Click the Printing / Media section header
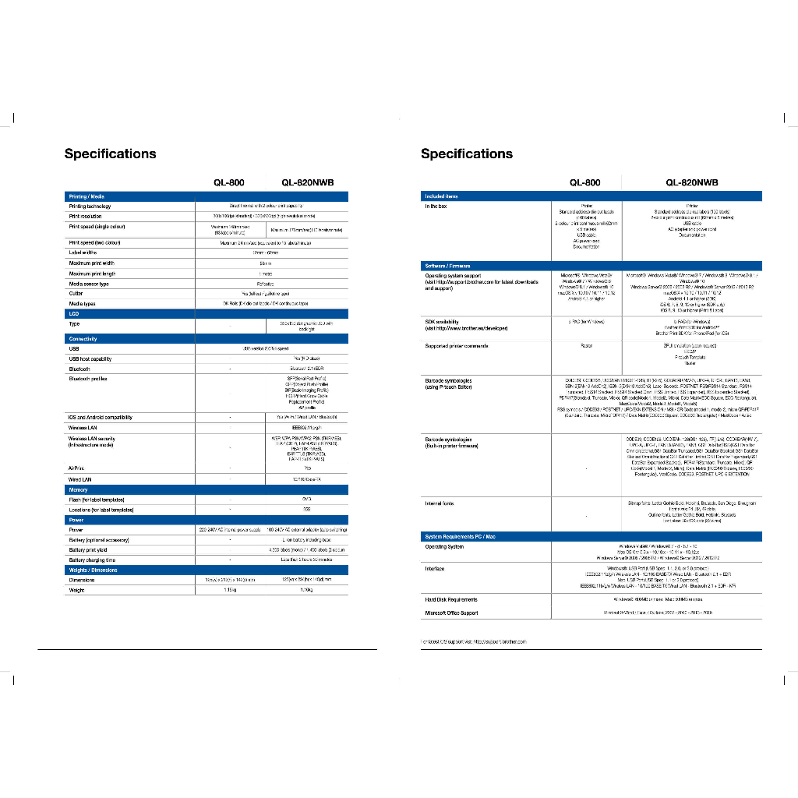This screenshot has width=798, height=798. pyautogui.click(x=87, y=196)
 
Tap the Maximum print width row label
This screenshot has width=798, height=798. pyautogui.click(x=92, y=263)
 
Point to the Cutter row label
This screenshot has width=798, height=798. pyautogui.click(x=77, y=294)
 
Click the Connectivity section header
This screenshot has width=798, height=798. pyautogui.click(x=83, y=339)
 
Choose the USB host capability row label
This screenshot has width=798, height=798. pyautogui.click(x=90, y=359)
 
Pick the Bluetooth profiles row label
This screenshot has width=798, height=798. pyautogui.click(x=88, y=379)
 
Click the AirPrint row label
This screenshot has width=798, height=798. pyautogui.click(x=76, y=468)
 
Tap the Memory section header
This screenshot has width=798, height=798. pyautogui.click(x=79, y=490)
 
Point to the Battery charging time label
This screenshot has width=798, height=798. pyautogui.click(x=92, y=560)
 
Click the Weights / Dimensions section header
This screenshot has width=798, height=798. pyautogui.click(x=93, y=570)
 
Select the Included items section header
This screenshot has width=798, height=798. pyautogui.click(x=441, y=196)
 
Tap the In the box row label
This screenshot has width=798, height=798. pyautogui.click(x=436, y=207)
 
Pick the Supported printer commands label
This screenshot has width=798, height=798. pyautogui.click(x=457, y=345)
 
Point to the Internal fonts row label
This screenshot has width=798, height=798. pyautogui.click(x=440, y=503)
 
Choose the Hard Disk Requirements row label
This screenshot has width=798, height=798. pyautogui.click(x=451, y=599)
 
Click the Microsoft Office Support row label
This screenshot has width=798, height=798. pyautogui.click(x=453, y=613)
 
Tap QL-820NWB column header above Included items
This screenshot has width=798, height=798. pyautogui.click(x=691, y=182)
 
